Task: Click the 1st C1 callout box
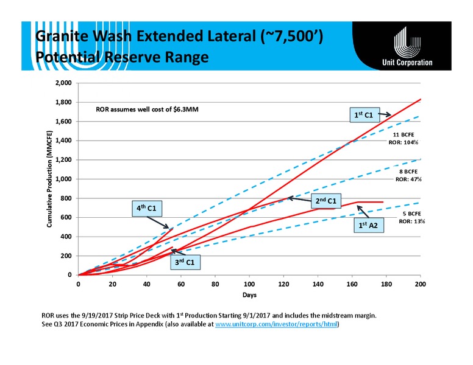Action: pyautogui.click(x=365, y=115)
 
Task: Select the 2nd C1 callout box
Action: pyautogui.click(x=326, y=201)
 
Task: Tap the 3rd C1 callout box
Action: pyautogui.click(x=185, y=262)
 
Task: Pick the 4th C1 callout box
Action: pyautogui.click(x=147, y=209)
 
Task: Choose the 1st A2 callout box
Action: pyautogui.click(x=369, y=225)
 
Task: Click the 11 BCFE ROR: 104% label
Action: pyautogui.click(x=404, y=139)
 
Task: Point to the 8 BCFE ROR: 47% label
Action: pyautogui.click(x=408, y=175)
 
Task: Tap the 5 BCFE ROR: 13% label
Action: pyautogui.click(x=412, y=217)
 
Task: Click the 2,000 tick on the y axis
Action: pyautogui.click(x=63, y=83)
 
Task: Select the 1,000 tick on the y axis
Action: pyautogui.click(x=63, y=179)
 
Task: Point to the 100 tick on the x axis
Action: pyautogui.click(x=249, y=284)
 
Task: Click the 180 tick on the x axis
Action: pyautogui.click(x=386, y=284)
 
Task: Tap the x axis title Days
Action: pyautogui.click(x=249, y=295)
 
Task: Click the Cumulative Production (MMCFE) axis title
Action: pyautogui.click(x=49, y=179)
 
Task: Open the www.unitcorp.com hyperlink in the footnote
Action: pyautogui.click(x=276, y=324)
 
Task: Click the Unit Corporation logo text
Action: pyautogui.click(x=407, y=62)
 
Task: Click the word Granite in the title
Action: pyautogui.click(x=62, y=36)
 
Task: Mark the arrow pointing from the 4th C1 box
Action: pyautogui.click(x=158, y=223)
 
